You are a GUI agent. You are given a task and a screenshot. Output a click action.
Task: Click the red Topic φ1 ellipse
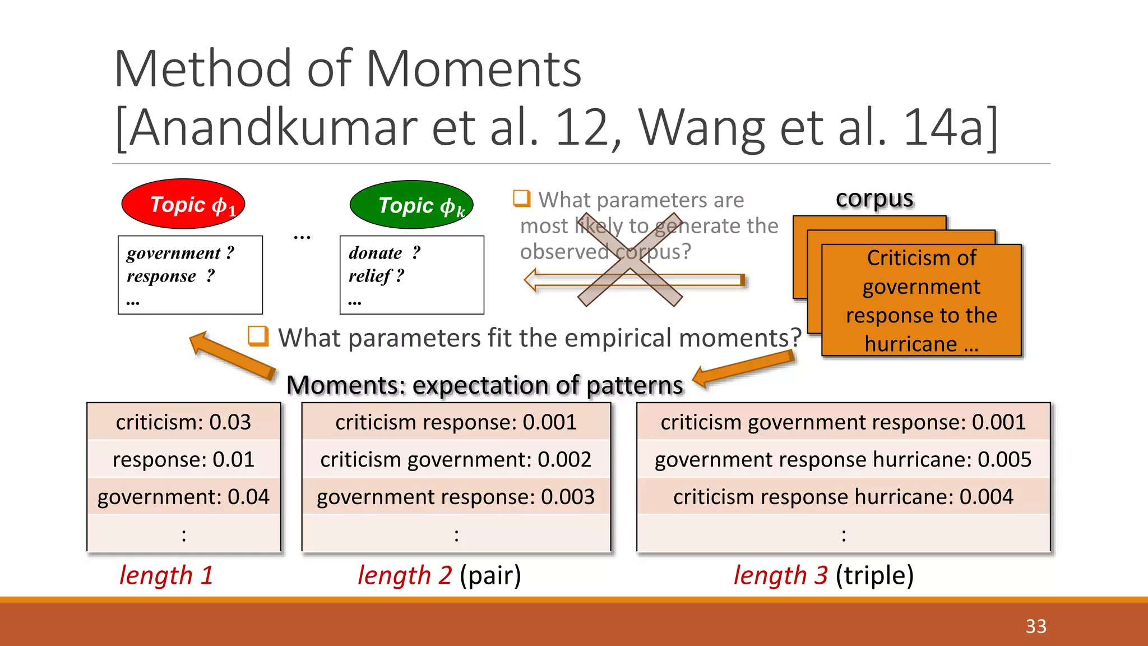click(183, 204)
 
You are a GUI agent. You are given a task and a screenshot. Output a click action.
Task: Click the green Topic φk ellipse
click(411, 205)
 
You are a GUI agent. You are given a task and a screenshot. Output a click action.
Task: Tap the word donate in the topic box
click(375, 253)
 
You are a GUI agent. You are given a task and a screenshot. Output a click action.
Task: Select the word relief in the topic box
click(370, 276)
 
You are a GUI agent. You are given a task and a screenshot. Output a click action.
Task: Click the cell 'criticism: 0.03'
click(183, 422)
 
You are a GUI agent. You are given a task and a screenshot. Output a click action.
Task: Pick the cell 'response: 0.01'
click(183, 460)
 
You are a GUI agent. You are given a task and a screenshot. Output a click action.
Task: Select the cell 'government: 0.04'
click(183, 497)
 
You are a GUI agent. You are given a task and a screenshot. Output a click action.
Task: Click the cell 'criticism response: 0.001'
click(456, 422)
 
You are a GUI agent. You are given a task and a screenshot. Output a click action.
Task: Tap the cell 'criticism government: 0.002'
click(456, 460)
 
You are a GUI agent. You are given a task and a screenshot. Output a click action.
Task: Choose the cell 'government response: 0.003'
click(456, 497)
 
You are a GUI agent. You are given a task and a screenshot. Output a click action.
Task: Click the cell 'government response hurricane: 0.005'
click(843, 460)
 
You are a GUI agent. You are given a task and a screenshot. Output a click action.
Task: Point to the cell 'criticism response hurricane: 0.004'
click(843, 497)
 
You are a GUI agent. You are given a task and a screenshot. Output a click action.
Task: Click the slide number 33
click(1036, 626)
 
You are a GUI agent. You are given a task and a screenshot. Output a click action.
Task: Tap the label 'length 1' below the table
click(166, 575)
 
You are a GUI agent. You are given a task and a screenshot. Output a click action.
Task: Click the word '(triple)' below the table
click(874, 575)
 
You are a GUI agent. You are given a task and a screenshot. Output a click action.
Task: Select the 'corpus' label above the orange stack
click(874, 199)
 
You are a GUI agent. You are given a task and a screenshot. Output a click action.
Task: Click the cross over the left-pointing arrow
click(630, 260)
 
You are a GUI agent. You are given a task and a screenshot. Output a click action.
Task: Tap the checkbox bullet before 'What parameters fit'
click(258, 336)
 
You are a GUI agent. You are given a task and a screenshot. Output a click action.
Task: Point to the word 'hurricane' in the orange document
click(911, 344)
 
